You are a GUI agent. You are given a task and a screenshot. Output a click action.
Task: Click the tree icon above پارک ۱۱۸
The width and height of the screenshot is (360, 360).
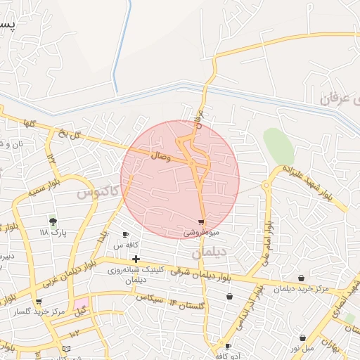[x=53, y=221]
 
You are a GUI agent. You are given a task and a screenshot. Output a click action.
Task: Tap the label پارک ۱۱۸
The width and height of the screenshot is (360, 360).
[x=53, y=232]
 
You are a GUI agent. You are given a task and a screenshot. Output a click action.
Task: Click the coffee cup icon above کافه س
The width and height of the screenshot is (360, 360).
[x=126, y=235]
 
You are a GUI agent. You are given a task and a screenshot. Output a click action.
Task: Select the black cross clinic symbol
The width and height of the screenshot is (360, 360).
[x=136, y=259]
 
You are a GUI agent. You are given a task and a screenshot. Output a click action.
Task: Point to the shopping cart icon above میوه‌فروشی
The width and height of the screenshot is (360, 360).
[x=201, y=222]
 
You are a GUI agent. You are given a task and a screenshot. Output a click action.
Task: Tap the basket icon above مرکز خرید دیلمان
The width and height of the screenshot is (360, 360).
[x=301, y=279]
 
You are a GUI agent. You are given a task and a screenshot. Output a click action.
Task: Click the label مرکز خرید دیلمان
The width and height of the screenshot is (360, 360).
[x=302, y=289]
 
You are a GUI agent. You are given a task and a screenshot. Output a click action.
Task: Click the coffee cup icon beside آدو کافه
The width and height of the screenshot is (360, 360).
[x=228, y=346]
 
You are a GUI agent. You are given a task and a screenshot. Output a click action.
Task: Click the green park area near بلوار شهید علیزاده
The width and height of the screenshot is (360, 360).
[x=278, y=146]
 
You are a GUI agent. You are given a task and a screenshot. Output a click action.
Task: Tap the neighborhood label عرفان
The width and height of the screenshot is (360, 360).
[x=337, y=98]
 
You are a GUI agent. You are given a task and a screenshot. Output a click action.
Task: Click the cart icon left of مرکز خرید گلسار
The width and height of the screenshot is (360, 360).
[x=38, y=301]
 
